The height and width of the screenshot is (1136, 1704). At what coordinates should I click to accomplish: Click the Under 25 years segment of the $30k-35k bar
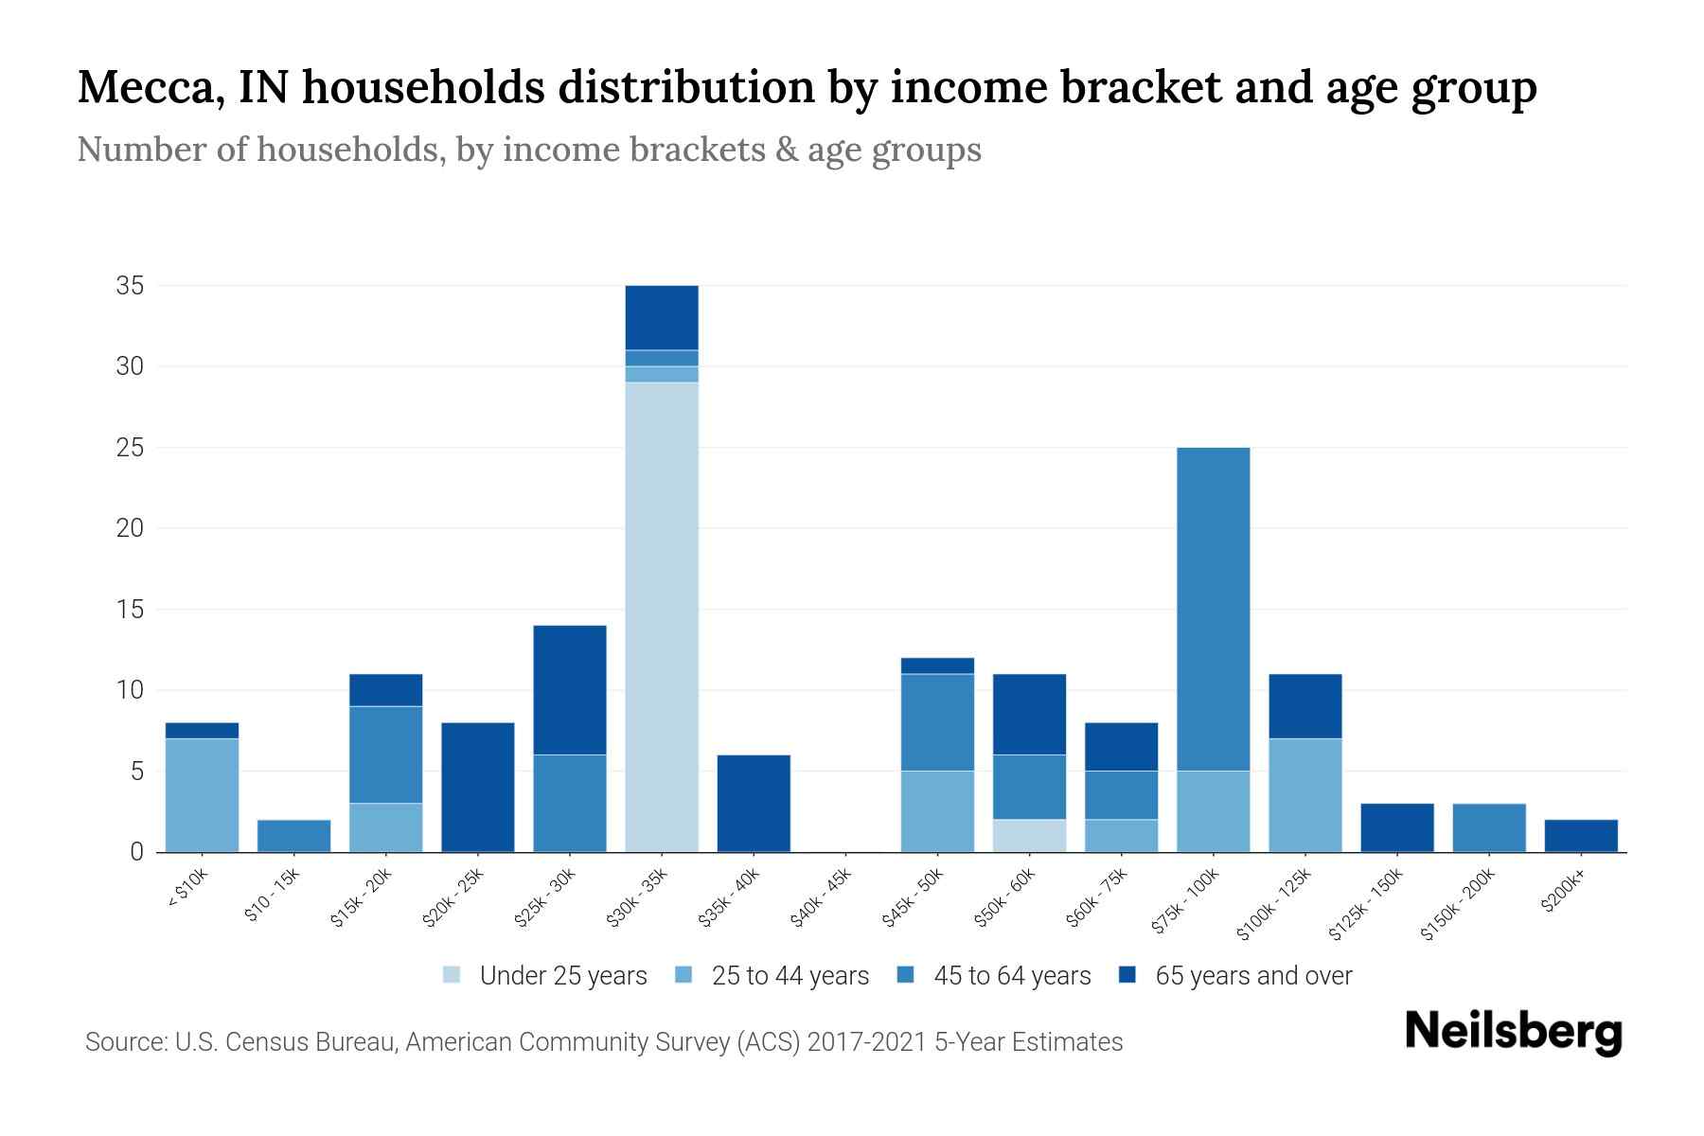pos(662,616)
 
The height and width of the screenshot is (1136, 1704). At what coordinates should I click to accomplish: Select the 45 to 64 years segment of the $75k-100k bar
pos(1213,609)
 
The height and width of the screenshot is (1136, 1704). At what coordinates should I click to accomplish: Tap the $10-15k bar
pos(293,836)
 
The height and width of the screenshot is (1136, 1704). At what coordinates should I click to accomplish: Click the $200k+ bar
pos(1580,836)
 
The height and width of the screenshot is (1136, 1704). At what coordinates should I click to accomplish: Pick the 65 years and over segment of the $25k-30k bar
pos(570,690)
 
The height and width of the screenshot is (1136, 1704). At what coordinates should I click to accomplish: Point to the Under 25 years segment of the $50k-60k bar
pos(1029,835)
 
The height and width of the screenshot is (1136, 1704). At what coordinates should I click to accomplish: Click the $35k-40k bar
pos(754,803)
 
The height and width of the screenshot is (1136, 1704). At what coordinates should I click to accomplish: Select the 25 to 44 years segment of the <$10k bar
pos(202,795)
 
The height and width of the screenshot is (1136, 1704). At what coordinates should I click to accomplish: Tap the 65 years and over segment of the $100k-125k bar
pos(1305,706)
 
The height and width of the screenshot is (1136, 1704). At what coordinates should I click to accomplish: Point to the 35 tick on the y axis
pos(130,286)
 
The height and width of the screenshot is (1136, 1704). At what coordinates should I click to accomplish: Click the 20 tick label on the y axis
pos(130,528)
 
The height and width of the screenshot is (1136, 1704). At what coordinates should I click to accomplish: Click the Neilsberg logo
pos(1513,1032)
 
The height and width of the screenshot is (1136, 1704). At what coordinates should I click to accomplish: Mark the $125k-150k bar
pos(1396,827)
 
